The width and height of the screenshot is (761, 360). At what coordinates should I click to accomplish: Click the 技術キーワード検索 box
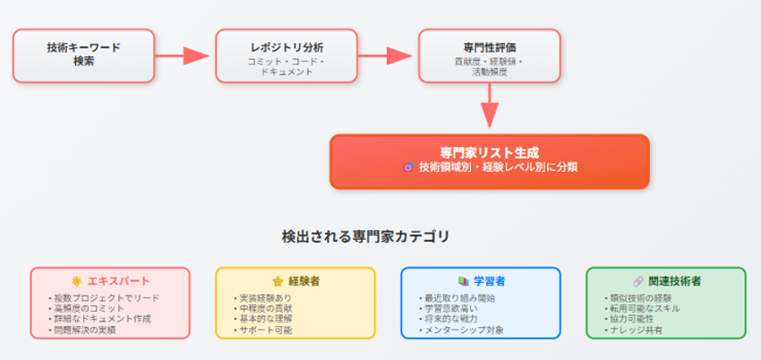click(x=83, y=56)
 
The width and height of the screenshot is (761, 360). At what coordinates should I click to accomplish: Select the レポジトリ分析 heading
click(x=286, y=46)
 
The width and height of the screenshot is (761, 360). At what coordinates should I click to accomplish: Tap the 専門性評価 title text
click(x=489, y=46)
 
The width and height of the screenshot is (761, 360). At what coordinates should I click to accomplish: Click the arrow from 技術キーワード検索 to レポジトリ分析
click(x=184, y=56)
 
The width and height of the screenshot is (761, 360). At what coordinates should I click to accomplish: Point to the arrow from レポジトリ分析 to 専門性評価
click(x=388, y=56)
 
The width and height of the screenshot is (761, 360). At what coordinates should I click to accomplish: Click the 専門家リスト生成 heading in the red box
click(x=489, y=152)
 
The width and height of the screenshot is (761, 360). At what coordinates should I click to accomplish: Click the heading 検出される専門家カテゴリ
click(x=365, y=236)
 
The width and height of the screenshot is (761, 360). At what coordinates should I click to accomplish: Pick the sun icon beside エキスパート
click(x=77, y=281)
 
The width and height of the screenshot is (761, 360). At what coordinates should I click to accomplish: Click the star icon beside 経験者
click(x=278, y=281)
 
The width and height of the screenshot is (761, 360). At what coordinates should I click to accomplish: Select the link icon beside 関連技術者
click(x=637, y=281)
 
